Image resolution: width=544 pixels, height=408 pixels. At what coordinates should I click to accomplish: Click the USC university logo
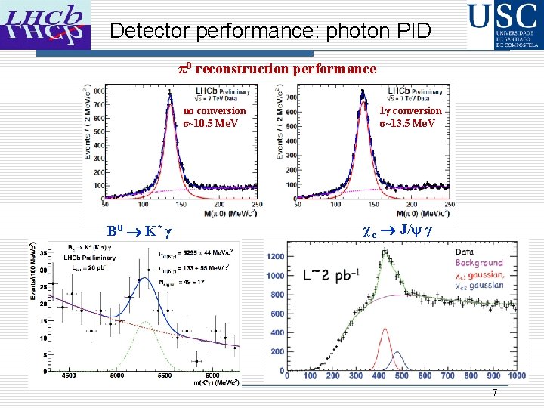click(503, 25)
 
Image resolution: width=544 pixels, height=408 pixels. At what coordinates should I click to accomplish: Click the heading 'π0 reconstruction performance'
click(277, 69)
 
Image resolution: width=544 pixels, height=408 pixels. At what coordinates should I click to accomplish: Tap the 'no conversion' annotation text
click(215, 111)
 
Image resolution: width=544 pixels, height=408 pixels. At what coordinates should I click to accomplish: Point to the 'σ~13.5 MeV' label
click(407, 123)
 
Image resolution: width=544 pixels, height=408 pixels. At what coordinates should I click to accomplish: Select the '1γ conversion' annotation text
click(410, 111)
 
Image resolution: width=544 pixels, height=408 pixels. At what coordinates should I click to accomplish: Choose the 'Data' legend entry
click(465, 252)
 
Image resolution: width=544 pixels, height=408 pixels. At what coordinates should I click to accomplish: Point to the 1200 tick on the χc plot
click(275, 257)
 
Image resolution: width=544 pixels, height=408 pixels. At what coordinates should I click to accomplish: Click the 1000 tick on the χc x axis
click(516, 376)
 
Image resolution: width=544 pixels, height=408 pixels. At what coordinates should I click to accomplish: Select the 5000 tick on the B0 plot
click(116, 375)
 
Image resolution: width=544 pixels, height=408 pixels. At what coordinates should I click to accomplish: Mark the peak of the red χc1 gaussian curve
click(385, 329)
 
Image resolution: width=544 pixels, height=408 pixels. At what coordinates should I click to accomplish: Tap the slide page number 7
click(495, 393)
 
